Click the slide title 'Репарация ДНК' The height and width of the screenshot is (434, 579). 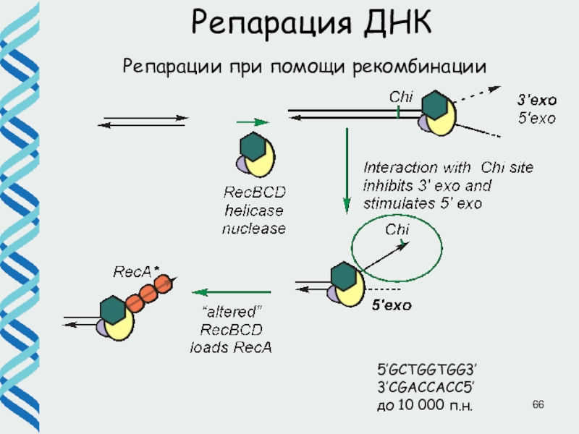(x=311, y=23)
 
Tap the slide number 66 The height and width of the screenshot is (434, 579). (x=537, y=402)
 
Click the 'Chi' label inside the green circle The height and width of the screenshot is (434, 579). (x=397, y=230)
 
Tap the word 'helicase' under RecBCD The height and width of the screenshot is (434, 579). (x=253, y=211)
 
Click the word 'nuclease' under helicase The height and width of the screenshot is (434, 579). (x=253, y=229)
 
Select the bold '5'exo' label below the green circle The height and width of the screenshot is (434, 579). (x=392, y=306)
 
